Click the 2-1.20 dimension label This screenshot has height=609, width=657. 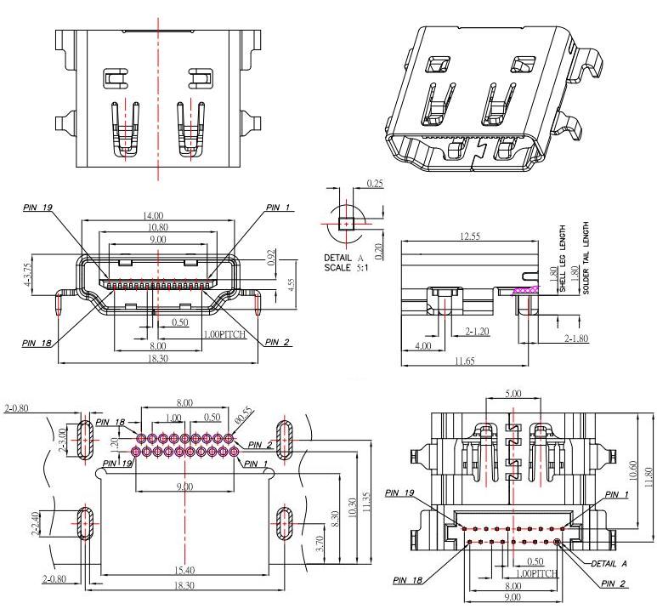(x=477, y=330)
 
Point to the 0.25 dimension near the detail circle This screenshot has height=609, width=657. (x=374, y=184)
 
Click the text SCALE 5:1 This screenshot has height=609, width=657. (x=343, y=268)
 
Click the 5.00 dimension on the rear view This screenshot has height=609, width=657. (x=513, y=395)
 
